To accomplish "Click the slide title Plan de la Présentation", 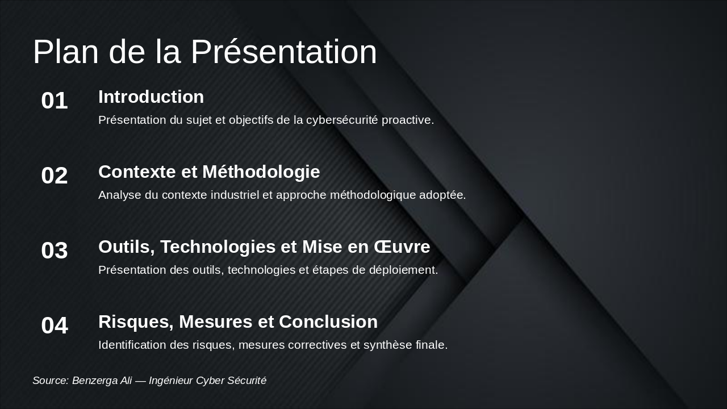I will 204,52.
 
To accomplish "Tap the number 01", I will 55,101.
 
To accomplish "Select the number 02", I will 55,176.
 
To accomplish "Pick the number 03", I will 55,251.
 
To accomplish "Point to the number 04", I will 55,326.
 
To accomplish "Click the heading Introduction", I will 151,97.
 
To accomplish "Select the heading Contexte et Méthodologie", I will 209,172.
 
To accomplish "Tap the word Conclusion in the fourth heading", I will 328,322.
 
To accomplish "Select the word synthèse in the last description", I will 386,345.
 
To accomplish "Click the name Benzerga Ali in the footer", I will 102,381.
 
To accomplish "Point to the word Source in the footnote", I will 50,381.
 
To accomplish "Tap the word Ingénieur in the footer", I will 170,381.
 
